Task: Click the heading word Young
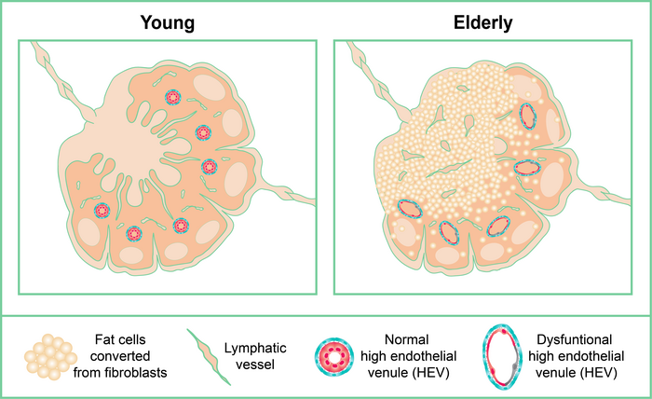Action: tap(168, 21)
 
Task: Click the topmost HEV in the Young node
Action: tap(172, 96)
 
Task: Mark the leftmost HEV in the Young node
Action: tap(102, 212)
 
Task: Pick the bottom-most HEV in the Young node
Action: tap(134, 233)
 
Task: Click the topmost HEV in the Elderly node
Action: tap(528, 116)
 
